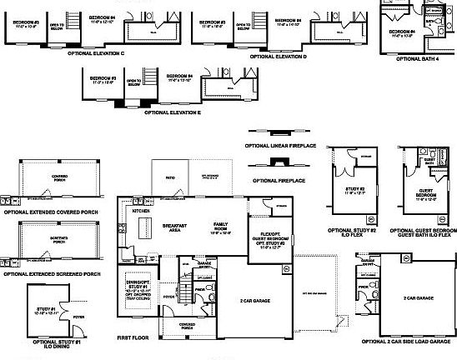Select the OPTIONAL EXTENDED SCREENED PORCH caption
[x=52, y=273]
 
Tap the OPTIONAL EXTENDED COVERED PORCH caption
[x=49, y=212]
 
